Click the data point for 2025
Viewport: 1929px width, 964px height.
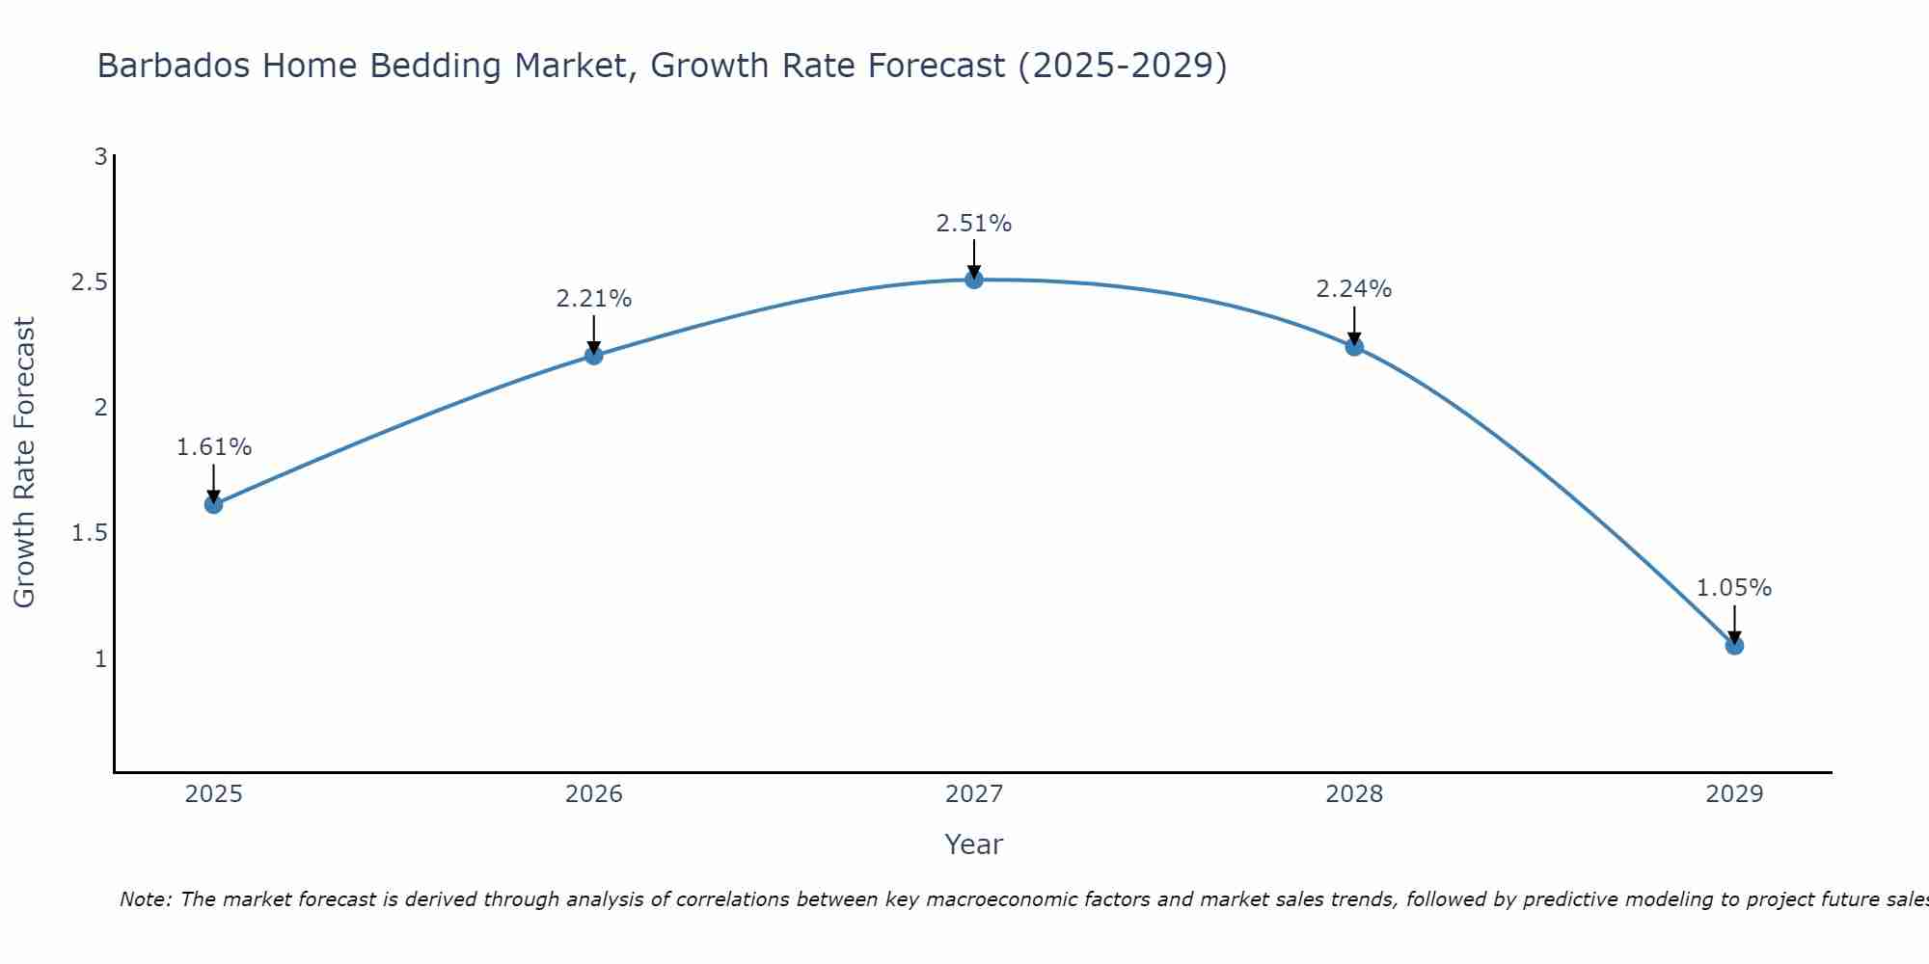click(214, 504)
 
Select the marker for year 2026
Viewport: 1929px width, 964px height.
click(594, 355)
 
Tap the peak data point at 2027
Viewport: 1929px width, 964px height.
click(974, 280)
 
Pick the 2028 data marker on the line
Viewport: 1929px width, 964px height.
click(1354, 346)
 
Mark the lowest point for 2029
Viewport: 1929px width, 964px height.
click(1734, 646)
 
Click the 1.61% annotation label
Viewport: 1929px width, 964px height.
click(214, 447)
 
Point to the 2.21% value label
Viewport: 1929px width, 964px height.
click(594, 299)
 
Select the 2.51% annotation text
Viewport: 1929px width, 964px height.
click(974, 224)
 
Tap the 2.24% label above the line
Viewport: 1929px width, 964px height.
click(1354, 289)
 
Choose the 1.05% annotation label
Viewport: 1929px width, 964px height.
click(1734, 588)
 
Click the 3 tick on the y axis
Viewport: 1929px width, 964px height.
click(100, 156)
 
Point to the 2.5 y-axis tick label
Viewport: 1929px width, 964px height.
click(89, 282)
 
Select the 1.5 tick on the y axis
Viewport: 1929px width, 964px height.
click(89, 533)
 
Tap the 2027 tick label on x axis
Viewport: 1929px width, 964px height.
click(974, 794)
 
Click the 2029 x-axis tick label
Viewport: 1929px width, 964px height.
click(1734, 794)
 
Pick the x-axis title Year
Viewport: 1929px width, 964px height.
click(974, 844)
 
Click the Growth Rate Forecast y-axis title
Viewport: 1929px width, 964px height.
click(25, 463)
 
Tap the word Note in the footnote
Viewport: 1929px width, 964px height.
click(144, 899)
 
